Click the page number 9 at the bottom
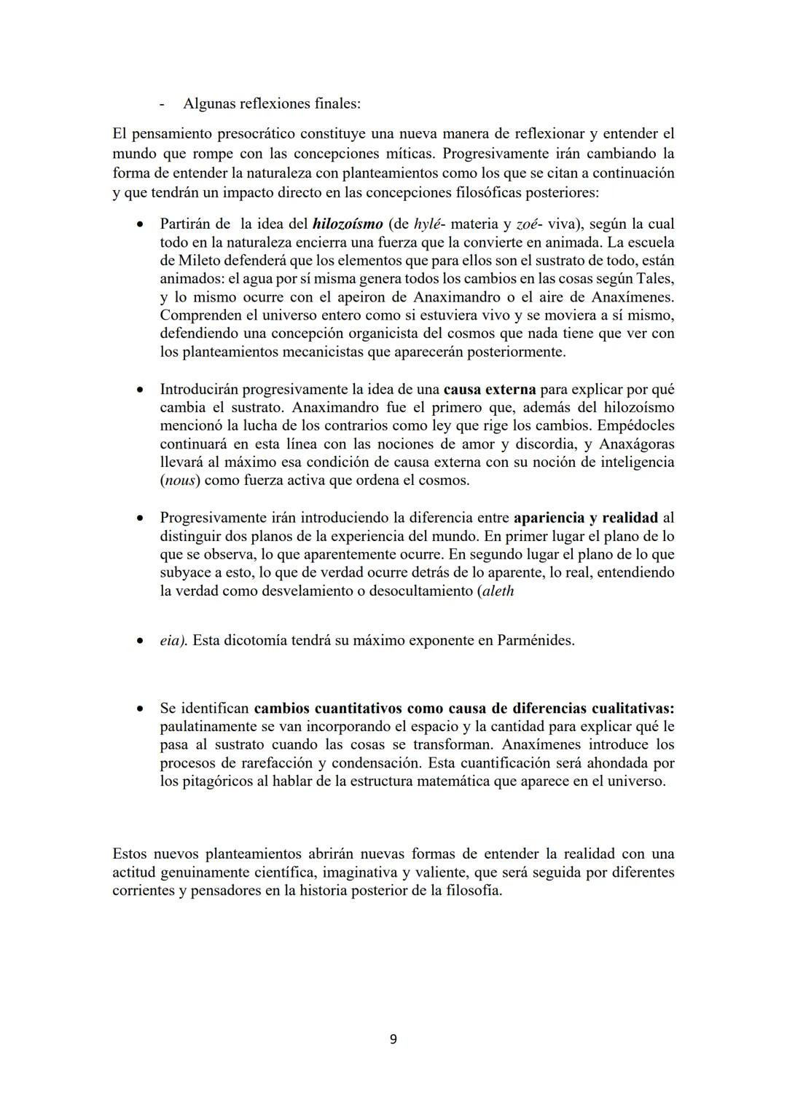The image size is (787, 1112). [393, 1039]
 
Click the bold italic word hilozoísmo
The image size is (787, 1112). [347, 224]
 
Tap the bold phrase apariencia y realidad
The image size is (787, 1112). [585, 518]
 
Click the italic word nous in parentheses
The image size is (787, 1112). [180, 481]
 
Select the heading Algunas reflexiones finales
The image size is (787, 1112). [271, 103]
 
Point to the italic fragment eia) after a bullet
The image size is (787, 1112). [173, 641]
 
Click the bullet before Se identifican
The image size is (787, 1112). [138, 709]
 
